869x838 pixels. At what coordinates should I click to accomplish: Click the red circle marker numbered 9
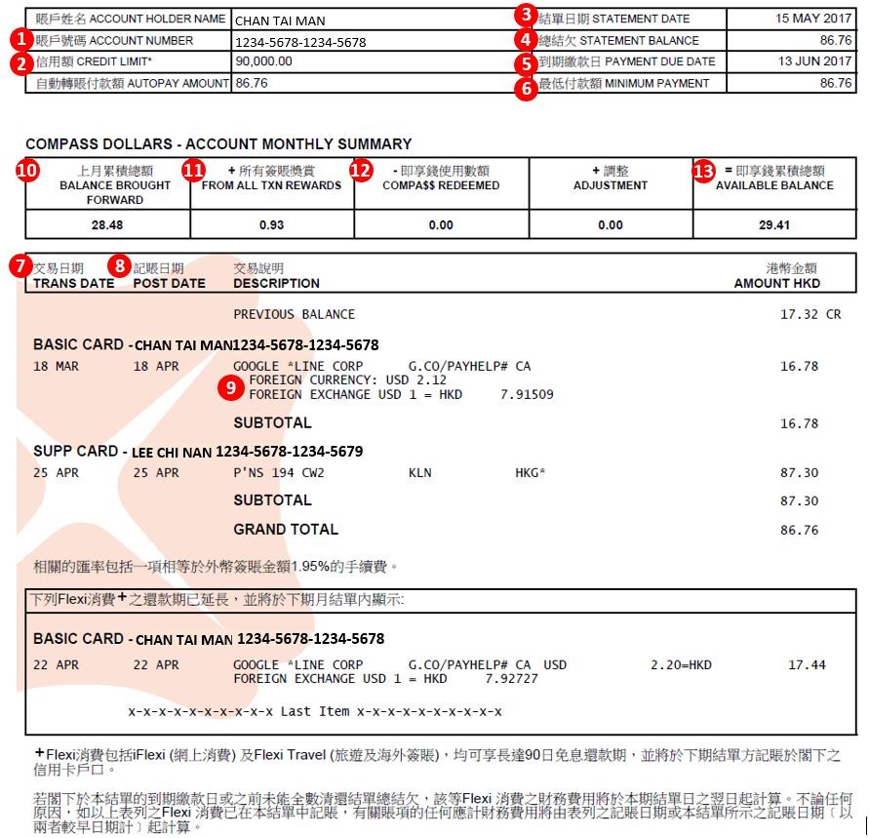click(231, 387)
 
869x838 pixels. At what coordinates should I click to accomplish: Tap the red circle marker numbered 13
click(703, 170)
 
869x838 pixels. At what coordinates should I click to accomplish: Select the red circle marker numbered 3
click(527, 15)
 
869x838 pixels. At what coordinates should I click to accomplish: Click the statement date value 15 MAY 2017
click(813, 19)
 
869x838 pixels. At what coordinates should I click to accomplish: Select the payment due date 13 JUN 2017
click(814, 61)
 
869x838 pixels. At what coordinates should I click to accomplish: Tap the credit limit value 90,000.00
click(263, 61)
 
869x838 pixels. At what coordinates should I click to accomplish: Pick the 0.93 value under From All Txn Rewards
click(272, 225)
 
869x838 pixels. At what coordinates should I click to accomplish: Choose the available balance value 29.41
click(774, 225)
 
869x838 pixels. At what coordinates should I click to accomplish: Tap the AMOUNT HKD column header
click(776, 283)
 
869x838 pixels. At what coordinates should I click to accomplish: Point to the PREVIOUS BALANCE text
click(294, 314)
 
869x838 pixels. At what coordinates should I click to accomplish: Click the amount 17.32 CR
click(810, 314)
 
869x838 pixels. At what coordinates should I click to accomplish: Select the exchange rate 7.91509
click(527, 394)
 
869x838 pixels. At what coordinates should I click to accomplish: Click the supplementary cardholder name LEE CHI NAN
click(171, 452)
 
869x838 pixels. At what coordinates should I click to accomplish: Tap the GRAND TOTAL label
click(286, 530)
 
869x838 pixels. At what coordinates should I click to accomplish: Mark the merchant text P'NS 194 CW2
click(279, 473)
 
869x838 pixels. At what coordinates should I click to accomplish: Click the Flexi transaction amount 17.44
click(807, 665)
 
